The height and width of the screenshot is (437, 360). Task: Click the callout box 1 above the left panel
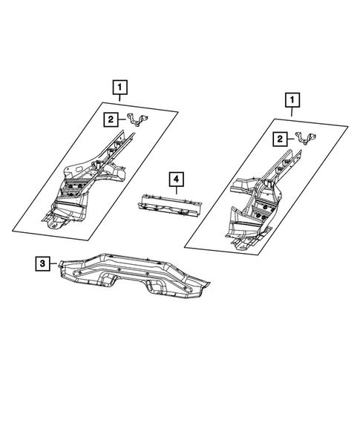[x=119, y=88]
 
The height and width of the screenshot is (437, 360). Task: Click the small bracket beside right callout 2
[x=304, y=138]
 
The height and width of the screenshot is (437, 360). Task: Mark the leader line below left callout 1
[x=119, y=102]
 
